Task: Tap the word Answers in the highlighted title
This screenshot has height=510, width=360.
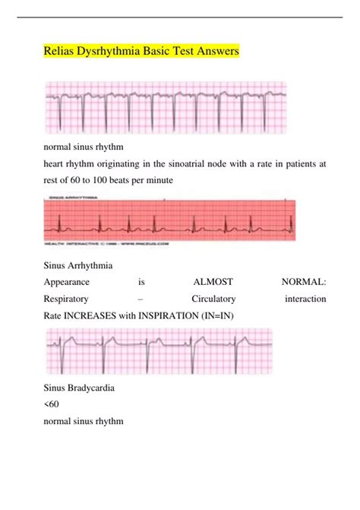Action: [x=215, y=52]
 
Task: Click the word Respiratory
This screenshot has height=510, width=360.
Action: [x=67, y=299]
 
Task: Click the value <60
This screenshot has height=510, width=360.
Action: [x=52, y=404]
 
